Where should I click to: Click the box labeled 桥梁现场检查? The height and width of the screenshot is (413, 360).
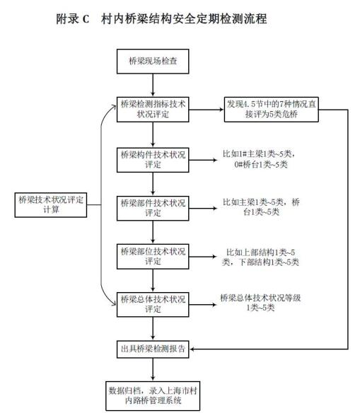[x=153, y=61]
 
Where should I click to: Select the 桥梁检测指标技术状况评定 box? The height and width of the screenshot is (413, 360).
[x=153, y=110]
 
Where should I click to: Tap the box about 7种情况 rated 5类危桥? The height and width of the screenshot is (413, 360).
[x=272, y=110]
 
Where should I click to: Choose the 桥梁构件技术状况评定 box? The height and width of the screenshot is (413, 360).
[x=153, y=160]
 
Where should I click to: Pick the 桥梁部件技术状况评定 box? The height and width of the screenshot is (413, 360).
[x=153, y=208]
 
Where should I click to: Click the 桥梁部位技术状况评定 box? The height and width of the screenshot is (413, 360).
[x=153, y=256]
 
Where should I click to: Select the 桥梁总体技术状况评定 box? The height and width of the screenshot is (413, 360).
[x=153, y=305]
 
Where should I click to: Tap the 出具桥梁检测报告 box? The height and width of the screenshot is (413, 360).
[x=153, y=349]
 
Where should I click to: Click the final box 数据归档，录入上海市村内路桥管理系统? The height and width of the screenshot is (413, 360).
[x=153, y=396]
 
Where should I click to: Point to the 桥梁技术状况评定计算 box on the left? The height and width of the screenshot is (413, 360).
[x=51, y=205]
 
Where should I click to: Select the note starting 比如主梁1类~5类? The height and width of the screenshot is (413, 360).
[x=261, y=207]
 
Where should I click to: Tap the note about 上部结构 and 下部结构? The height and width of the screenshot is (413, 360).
[x=260, y=257]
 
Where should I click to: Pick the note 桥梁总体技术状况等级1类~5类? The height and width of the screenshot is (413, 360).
[x=260, y=303]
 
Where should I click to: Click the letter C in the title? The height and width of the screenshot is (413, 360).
[x=86, y=19]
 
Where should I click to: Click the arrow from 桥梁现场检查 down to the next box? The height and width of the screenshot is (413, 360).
[x=153, y=85]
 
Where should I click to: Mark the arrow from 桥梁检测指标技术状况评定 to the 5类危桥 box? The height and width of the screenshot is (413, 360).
[x=207, y=110]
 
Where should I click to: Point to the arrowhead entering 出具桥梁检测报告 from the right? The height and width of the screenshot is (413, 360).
[x=192, y=349]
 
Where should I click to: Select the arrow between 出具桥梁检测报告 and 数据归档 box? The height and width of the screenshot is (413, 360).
[x=153, y=370]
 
